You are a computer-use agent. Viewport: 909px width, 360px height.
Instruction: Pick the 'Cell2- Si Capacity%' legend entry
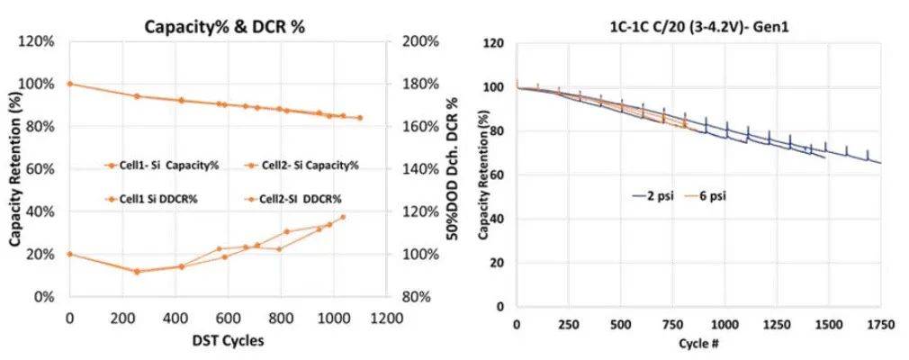[310, 165]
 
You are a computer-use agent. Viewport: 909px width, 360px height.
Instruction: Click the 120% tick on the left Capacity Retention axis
[42, 41]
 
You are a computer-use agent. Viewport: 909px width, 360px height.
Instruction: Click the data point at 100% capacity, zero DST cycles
[69, 84]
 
